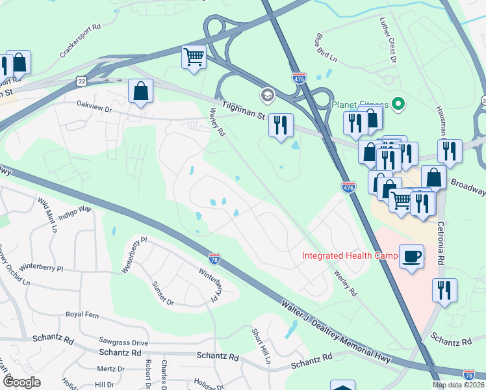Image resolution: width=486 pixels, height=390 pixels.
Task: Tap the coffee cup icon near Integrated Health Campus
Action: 411,255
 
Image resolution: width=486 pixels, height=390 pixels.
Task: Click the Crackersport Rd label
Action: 78,36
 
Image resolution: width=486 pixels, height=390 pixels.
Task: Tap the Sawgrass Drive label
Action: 123,343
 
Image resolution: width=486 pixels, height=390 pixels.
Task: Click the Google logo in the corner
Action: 21,382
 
